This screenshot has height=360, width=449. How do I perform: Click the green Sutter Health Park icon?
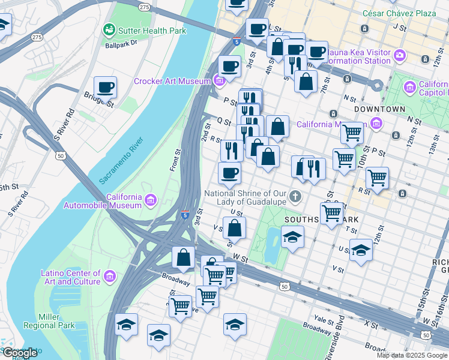pyautogui.click(x=109, y=29)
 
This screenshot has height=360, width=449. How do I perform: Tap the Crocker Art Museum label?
pyautogui.click(x=172, y=81)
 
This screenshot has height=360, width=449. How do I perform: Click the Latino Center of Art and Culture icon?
pyautogui.click(x=109, y=275)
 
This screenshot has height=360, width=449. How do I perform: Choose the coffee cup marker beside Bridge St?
pyautogui.click(x=106, y=88)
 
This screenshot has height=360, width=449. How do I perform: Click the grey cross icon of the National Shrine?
pyautogui.click(x=295, y=196)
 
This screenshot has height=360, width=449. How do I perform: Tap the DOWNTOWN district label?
pyautogui.click(x=379, y=109)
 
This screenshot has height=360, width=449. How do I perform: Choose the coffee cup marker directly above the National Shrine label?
pyautogui.click(x=229, y=174)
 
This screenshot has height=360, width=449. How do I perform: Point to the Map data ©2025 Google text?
pyautogui.click(x=412, y=355)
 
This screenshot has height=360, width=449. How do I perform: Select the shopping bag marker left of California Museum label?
pyautogui.click(x=277, y=127)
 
